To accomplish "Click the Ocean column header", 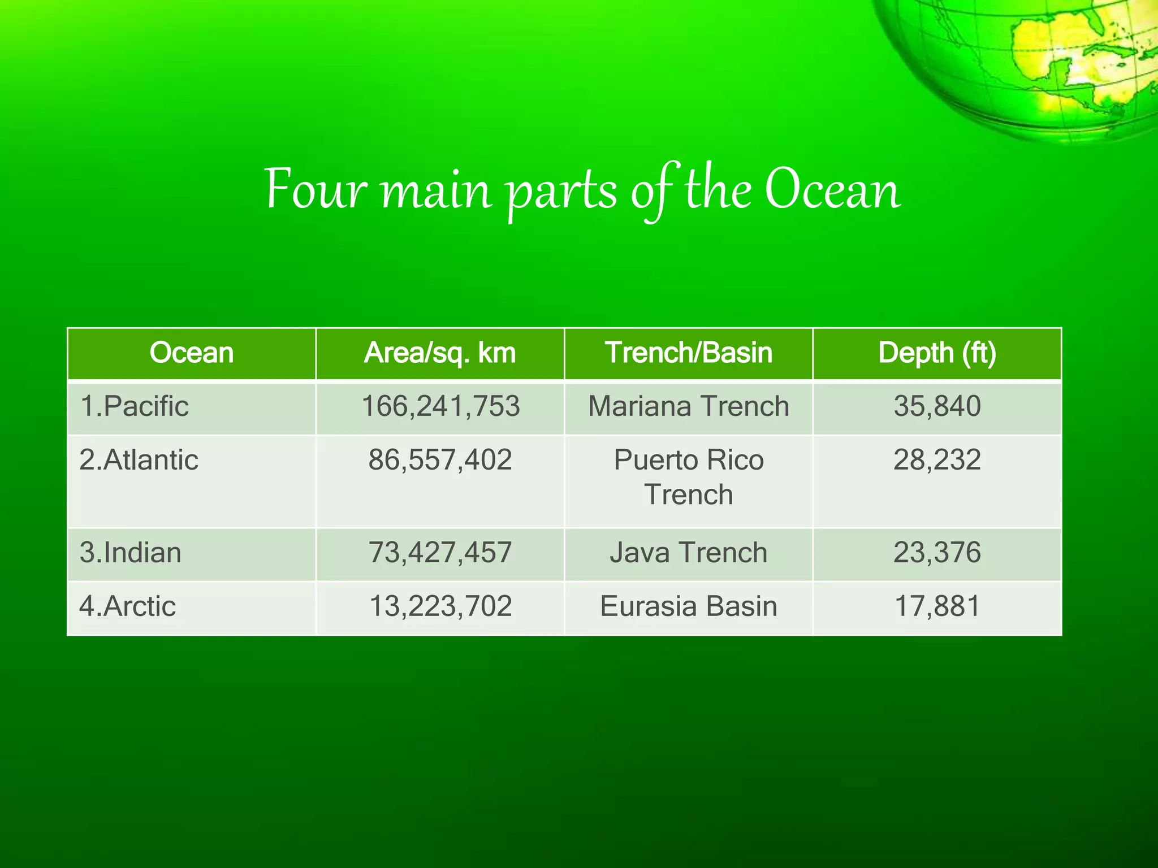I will (x=191, y=353).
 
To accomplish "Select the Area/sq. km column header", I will (x=440, y=353).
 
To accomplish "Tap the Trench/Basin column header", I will (x=688, y=353).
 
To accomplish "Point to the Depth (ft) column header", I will (x=937, y=353).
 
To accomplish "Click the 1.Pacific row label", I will (x=134, y=406).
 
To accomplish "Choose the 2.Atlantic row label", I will (x=139, y=460).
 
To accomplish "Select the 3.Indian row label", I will (x=130, y=553).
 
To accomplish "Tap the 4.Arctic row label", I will (x=127, y=606).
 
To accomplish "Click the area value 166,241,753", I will (x=440, y=406).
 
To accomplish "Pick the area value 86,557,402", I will (x=440, y=460).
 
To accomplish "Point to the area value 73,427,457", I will (x=440, y=553).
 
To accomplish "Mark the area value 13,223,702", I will (x=440, y=606).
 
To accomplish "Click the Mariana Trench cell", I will (x=688, y=406).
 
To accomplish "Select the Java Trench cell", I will (x=688, y=553).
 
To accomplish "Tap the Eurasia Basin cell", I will (x=688, y=606).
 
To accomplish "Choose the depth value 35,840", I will (x=937, y=406).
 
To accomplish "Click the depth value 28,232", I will (x=937, y=460).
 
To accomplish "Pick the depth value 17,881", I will (x=937, y=606).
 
